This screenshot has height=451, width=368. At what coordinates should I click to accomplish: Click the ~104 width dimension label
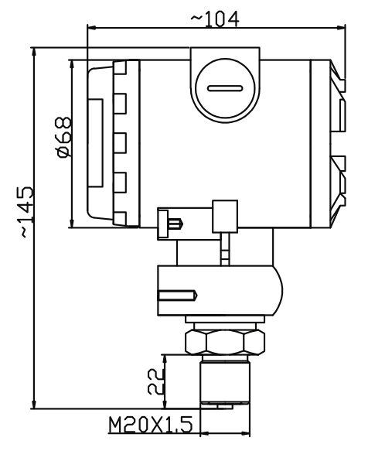click(x=215, y=19)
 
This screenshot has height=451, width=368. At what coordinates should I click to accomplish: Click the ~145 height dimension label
click(x=25, y=212)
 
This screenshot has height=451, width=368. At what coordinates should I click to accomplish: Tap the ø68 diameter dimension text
click(x=64, y=137)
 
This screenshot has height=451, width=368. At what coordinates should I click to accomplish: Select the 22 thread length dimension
click(x=156, y=381)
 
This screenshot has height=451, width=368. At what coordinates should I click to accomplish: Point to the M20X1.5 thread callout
click(x=151, y=425)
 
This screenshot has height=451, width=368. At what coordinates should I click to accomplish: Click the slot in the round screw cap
click(x=225, y=88)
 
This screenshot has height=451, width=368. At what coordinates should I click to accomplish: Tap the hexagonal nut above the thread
click(x=225, y=342)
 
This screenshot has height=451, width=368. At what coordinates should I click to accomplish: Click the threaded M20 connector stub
click(x=225, y=382)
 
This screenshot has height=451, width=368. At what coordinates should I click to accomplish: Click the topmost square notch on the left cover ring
click(x=120, y=68)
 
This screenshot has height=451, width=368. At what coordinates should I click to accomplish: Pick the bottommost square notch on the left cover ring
click(x=120, y=219)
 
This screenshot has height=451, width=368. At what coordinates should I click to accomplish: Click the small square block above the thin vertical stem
click(x=225, y=217)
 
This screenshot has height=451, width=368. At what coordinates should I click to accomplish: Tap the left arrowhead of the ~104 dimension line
click(x=91, y=28)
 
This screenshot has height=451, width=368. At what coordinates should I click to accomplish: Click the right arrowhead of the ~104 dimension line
click(x=341, y=28)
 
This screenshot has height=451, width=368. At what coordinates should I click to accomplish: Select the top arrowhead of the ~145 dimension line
click(x=34, y=52)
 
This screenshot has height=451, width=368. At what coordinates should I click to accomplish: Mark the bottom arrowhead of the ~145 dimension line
click(x=34, y=404)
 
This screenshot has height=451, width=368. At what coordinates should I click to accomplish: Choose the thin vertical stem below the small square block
click(x=225, y=249)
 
